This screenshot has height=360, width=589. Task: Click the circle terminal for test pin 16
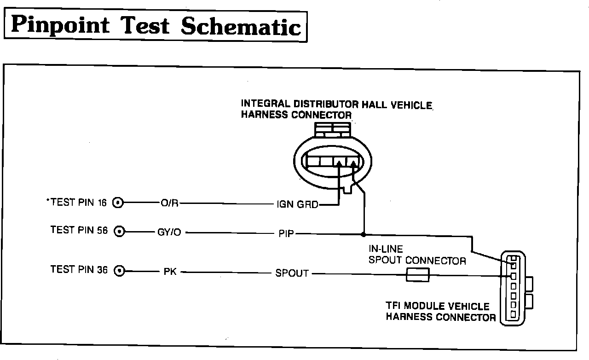point(118,203)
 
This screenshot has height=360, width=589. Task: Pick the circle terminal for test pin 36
point(120,271)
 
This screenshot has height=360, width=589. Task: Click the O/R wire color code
point(169,203)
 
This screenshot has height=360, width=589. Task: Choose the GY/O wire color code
point(169,232)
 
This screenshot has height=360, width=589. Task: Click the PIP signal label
point(286,233)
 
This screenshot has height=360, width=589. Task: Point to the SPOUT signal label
point(292,273)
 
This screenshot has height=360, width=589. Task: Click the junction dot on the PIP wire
point(364,233)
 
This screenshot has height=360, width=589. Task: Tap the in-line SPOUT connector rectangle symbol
point(418,275)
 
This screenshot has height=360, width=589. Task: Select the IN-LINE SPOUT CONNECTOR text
point(417,255)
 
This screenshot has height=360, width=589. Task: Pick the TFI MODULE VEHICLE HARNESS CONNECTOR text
point(440,312)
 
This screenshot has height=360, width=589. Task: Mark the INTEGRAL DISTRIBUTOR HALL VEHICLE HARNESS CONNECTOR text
point(336,110)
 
